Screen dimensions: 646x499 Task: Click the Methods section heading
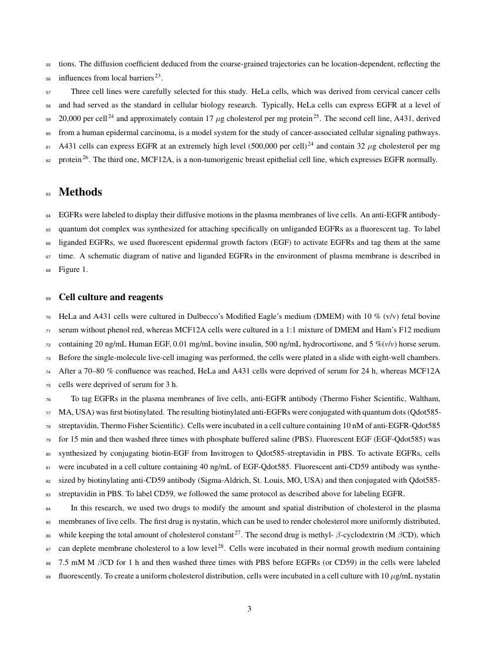click(80, 192)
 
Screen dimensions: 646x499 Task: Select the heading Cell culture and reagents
click(111, 297)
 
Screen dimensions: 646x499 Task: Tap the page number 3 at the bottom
click(249, 608)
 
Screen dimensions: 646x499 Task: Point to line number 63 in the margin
click(48, 193)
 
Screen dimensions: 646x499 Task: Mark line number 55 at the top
click(48, 64)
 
